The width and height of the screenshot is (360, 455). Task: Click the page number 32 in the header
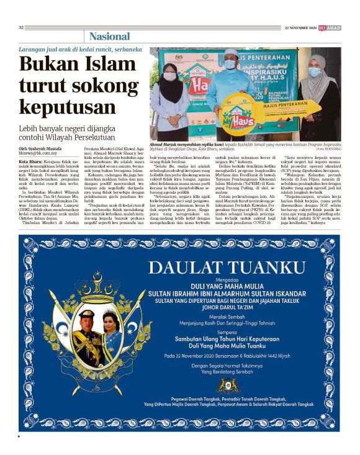pos(21,27)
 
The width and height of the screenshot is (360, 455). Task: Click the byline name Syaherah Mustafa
pos(49,150)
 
